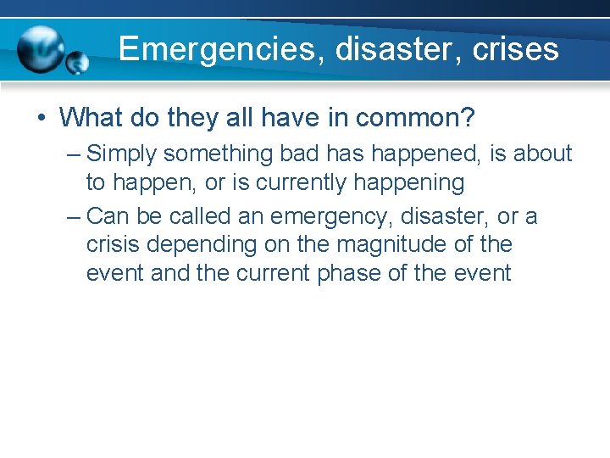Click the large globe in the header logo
(x=42, y=50)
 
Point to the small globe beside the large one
(x=78, y=63)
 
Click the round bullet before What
(x=42, y=117)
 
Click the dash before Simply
(x=74, y=154)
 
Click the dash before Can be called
(x=74, y=217)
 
